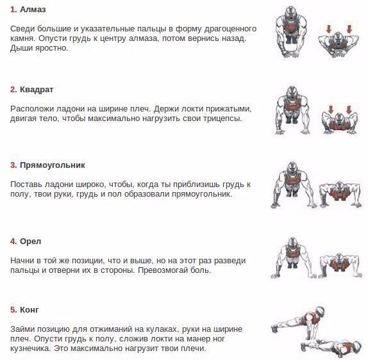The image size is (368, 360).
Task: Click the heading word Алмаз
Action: tap(33, 10)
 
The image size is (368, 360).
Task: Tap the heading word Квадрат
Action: tap(37, 90)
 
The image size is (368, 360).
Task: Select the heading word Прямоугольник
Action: tap(53, 165)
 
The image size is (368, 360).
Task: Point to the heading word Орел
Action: tap(31, 241)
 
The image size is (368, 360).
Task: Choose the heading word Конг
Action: tap(29, 310)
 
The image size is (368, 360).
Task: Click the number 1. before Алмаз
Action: tap(13, 10)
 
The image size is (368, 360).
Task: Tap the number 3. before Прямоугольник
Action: tap(13, 165)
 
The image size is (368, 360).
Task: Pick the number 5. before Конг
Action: tap(13, 310)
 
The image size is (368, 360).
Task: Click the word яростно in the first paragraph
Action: tap(51, 48)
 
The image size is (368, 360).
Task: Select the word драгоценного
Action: tap(230, 29)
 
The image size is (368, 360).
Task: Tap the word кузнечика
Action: tap(31, 348)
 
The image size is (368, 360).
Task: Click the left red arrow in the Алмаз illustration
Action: tap(328, 29)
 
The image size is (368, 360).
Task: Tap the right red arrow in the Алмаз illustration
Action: tap(349, 29)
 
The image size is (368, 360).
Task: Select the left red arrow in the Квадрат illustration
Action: tap(331, 110)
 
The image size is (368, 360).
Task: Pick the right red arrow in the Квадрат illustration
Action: tap(349, 110)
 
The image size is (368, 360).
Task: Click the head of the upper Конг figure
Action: tap(320, 311)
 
